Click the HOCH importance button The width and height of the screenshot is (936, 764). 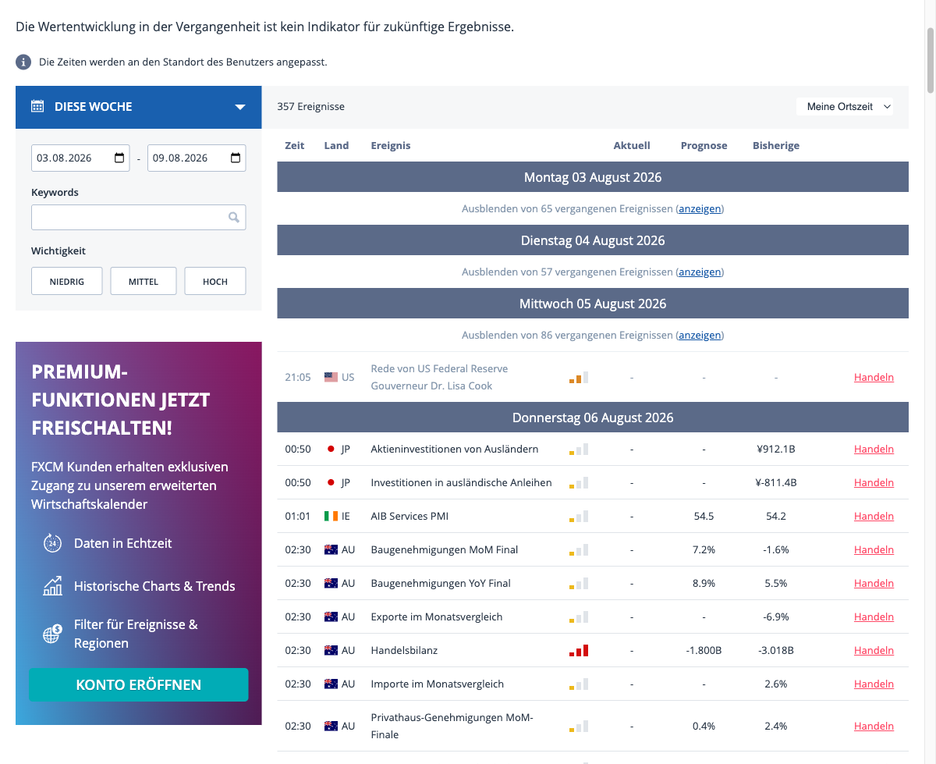(214, 281)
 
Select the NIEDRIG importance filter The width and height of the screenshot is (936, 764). (66, 281)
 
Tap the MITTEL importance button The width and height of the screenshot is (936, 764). (144, 281)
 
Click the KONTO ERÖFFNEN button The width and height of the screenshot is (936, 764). (139, 684)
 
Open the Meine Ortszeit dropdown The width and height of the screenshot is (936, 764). (845, 107)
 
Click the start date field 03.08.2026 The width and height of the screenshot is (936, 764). (80, 158)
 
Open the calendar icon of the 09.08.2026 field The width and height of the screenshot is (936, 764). (236, 158)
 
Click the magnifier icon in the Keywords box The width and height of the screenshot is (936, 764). (233, 217)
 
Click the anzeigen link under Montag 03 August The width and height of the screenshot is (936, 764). (700, 208)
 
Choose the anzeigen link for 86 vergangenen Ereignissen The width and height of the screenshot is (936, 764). (700, 335)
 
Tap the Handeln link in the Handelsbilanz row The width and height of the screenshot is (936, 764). (874, 650)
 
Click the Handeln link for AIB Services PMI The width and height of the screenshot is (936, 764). (874, 516)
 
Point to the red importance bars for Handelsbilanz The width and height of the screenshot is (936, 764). (579, 650)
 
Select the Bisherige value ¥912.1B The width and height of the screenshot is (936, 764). (776, 449)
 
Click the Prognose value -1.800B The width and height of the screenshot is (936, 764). (704, 650)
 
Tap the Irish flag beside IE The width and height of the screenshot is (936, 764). (331, 516)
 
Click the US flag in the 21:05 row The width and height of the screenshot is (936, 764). (331, 377)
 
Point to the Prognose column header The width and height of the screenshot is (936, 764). (704, 146)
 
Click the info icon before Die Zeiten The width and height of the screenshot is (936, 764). (23, 62)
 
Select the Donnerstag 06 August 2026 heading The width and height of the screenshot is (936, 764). (593, 418)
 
